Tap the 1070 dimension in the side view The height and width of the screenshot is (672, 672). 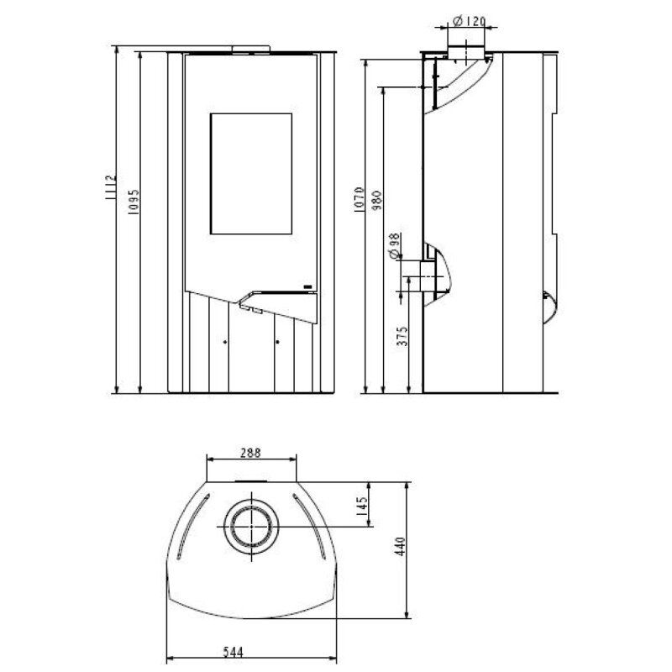359,202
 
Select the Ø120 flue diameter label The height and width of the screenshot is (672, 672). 467,20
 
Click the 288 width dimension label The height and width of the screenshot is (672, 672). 250,452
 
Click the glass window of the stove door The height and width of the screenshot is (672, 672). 249,172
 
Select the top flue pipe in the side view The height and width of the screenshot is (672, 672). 460,52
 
